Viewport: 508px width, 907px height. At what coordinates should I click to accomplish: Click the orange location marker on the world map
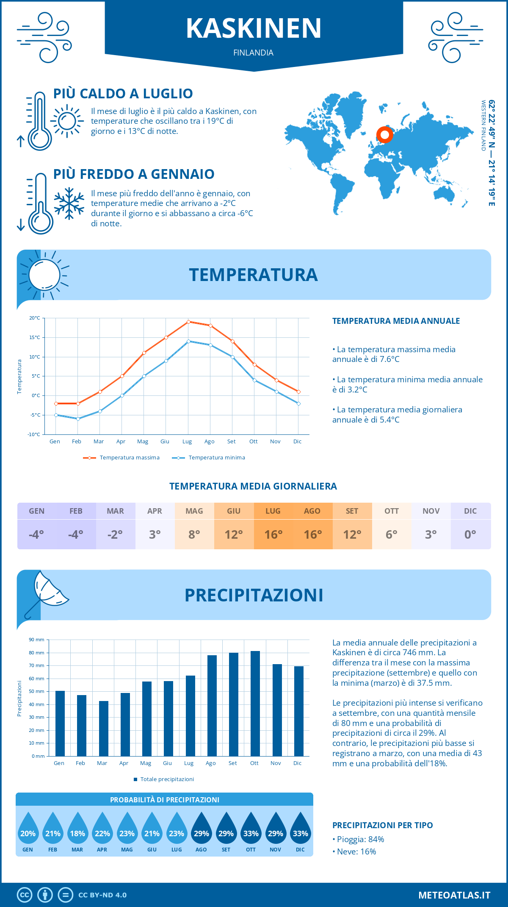point(384,135)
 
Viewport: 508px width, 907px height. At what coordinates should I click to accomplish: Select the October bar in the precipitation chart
point(255,704)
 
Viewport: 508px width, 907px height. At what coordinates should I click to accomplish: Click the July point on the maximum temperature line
point(188,322)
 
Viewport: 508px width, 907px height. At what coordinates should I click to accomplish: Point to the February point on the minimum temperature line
point(78,419)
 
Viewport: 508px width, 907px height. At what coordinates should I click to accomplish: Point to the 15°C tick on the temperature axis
point(35,337)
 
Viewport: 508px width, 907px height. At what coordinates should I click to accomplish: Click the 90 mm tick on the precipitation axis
point(37,640)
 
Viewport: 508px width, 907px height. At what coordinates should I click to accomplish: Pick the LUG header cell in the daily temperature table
point(273,511)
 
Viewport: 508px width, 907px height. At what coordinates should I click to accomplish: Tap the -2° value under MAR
point(115,534)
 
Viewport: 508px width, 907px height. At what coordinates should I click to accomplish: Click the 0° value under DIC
point(470,534)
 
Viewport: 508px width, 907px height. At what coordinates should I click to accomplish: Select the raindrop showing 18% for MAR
point(77,829)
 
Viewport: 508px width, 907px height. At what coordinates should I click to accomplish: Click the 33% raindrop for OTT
point(251,829)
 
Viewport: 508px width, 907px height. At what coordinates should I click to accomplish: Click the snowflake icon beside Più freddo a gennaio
point(69,203)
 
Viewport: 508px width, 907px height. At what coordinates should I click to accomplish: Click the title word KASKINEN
point(254,28)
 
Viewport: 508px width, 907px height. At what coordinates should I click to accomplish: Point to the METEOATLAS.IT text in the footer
point(454,895)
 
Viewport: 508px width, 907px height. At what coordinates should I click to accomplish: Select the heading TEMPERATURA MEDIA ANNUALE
point(396,321)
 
